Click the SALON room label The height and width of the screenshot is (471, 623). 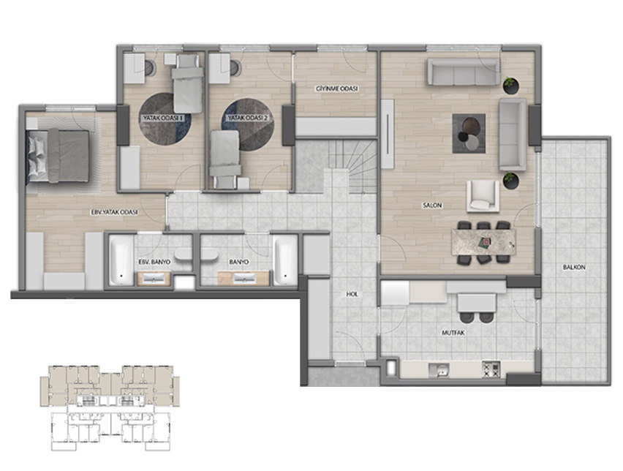(x=432, y=206)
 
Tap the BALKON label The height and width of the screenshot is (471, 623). (x=574, y=268)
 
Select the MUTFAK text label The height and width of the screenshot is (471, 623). (x=453, y=333)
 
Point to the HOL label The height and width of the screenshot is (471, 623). (x=352, y=294)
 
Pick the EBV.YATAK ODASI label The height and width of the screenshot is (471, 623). (x=114, y=212)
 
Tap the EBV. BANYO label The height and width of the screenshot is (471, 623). (x=154, y=263)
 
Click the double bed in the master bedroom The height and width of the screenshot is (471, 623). (x=58, y=156)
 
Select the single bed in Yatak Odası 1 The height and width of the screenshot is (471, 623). (x=187, y=83)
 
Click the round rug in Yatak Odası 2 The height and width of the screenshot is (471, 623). (x=248, y=124)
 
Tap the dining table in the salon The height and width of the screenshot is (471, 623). (x=483, y=241)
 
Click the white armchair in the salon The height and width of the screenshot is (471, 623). (x=483, y=196)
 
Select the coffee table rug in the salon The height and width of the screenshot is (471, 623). (x=469, y=134)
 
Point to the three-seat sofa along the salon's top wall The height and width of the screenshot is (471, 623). (x=464, y=72)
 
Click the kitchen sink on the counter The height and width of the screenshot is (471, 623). (x=439, y=371)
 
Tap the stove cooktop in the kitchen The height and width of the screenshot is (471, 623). (x=491, y=369)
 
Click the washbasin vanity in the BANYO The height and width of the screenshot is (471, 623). (x=244, y=278)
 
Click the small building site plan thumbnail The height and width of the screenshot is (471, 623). (x=110, y=408)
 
